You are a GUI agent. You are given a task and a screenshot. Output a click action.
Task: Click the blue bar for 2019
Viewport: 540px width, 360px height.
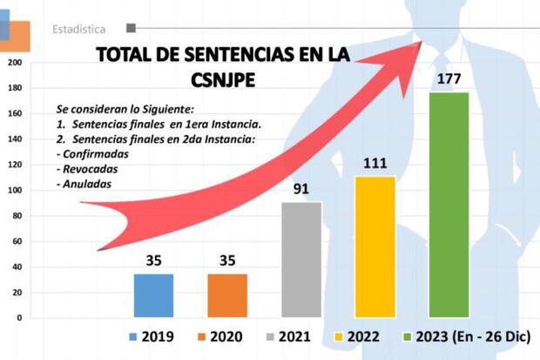(x=153, y=295)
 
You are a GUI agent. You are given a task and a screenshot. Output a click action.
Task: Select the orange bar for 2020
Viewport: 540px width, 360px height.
(x=226, y=295)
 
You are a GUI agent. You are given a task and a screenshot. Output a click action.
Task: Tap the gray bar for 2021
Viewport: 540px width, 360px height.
(x=300, y=260)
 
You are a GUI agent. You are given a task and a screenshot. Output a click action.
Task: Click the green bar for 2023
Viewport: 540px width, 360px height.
(x=449, y=205)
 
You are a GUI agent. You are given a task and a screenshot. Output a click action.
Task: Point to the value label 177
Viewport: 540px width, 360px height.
(x=449, y=79)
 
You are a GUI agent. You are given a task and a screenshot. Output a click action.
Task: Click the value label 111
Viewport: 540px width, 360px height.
(x=375, y=163)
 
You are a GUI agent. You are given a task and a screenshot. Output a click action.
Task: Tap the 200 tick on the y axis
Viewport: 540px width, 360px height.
(x=13, y=63)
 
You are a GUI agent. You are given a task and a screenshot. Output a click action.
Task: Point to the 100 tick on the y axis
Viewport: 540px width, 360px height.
(x=13, y=190)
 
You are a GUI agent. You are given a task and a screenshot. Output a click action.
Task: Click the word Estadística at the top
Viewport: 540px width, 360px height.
(x=79, y=29)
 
